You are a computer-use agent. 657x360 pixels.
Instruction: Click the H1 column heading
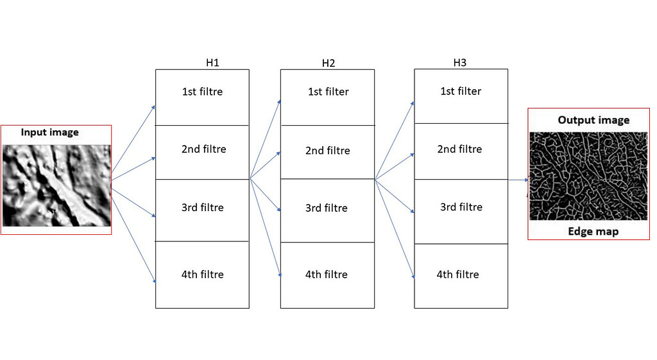tap(212, 63)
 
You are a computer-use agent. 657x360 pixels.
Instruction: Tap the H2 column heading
tap(328, 64)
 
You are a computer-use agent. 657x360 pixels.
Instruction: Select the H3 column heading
tap(459, 63)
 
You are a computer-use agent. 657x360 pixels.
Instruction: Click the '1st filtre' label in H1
tap(202, 92)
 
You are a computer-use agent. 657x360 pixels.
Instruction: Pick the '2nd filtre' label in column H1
tap(203, 149)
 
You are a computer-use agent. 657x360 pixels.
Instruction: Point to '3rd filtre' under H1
tap(202, 207)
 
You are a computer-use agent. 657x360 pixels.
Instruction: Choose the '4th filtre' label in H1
tap(202, 275)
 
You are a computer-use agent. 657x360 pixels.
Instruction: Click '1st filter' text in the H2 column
tap(328, 92)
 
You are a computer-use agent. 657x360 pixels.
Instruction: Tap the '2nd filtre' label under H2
tap(328, 150)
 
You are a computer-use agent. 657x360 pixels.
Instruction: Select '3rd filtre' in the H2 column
tap(327, 209)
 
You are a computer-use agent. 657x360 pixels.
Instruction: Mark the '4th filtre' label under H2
tap(327, 275)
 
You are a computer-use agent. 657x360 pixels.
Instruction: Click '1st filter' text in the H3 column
tap(461, 91)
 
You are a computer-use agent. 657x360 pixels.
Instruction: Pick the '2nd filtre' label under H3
tap(459, 149)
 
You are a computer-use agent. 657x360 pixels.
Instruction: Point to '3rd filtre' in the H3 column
tap(461, 207)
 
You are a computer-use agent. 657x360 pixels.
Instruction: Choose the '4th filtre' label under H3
tap(458, 275)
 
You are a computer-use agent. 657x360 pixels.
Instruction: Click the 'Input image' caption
tap(50, 132)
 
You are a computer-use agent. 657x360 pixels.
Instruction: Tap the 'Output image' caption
tap(593, 120)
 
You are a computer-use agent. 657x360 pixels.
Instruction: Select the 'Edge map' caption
tap(593, 232)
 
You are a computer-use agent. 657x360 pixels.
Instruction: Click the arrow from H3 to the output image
tap(518, 180)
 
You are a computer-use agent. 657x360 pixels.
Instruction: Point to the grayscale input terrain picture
tap(57, 185)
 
